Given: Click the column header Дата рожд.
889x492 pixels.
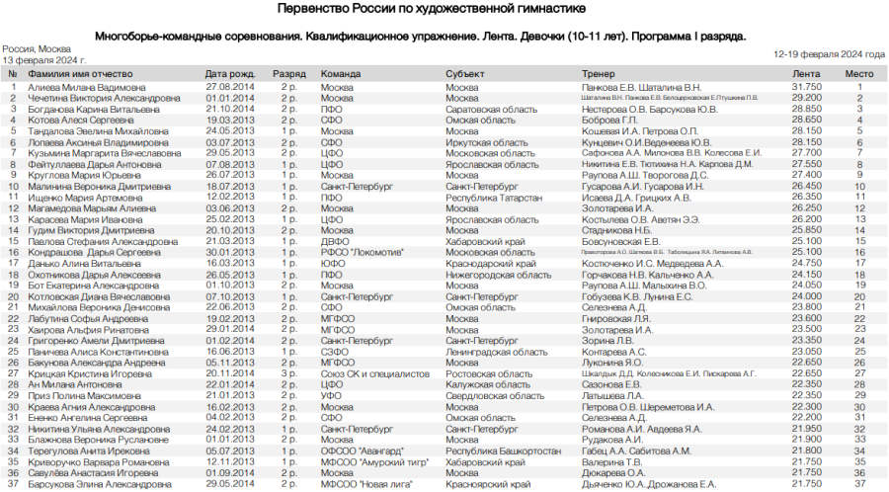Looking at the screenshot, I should (230, 74).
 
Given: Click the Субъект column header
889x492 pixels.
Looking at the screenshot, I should (464, 74).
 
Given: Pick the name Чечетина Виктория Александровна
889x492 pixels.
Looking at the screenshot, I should (104, 98).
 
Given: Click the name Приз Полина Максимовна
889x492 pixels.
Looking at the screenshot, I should (84, 395).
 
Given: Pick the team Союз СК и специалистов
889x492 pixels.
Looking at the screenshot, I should (375, 373).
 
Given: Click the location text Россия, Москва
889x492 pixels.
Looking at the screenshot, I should (37, 48).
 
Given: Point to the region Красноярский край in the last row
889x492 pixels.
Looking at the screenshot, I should (488, 484).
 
